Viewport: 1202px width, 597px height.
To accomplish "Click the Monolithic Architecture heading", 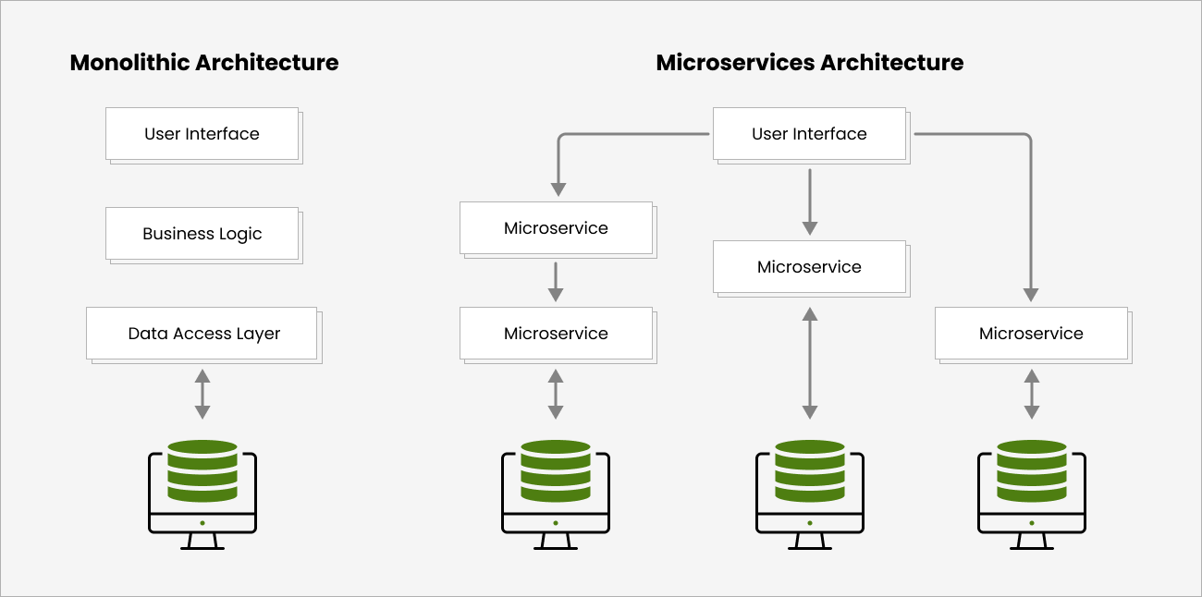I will pyautogui.click(x=203, y=63).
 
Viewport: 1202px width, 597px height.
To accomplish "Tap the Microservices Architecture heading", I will pyautogui.click(x=809, y=63).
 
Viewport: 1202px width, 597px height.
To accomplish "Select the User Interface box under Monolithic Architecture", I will pyautogui.click(x=202, y=134).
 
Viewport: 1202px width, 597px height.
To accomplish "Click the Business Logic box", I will pyautogui.click(x=202, y=234).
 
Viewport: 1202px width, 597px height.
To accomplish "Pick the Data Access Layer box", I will pyautogui.click(x=202, y=334).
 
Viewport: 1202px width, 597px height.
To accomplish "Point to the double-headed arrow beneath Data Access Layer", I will pyautogui.click(x=202, y=395).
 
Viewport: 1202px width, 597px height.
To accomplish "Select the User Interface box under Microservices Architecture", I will pyautogui.click(x=809, y=134).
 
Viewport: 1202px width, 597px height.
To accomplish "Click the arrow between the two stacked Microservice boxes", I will pyautogui.click(x=556, y=282).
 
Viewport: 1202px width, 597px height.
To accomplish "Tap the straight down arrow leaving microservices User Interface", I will pyautogui.click(x=810, y=201).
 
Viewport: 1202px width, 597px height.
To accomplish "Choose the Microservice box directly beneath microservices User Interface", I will pyautogui.click(x=809, y=267).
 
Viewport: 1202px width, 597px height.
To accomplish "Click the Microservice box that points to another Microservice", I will pyautogui.click(x=556, y=228).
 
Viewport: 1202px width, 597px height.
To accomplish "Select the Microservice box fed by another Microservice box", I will pyautogui.click(x=556, y=334).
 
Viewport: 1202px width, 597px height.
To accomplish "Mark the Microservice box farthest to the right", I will pyautogui.click(x=1031, y=334).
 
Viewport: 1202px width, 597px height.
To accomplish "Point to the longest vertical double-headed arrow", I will pyautogui.click(x=810, y=363).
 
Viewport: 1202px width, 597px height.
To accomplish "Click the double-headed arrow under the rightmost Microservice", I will pyautogui.click(x=1032, y=395).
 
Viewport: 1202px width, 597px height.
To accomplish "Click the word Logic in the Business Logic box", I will pyautogui.click(x=239, y=235).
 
